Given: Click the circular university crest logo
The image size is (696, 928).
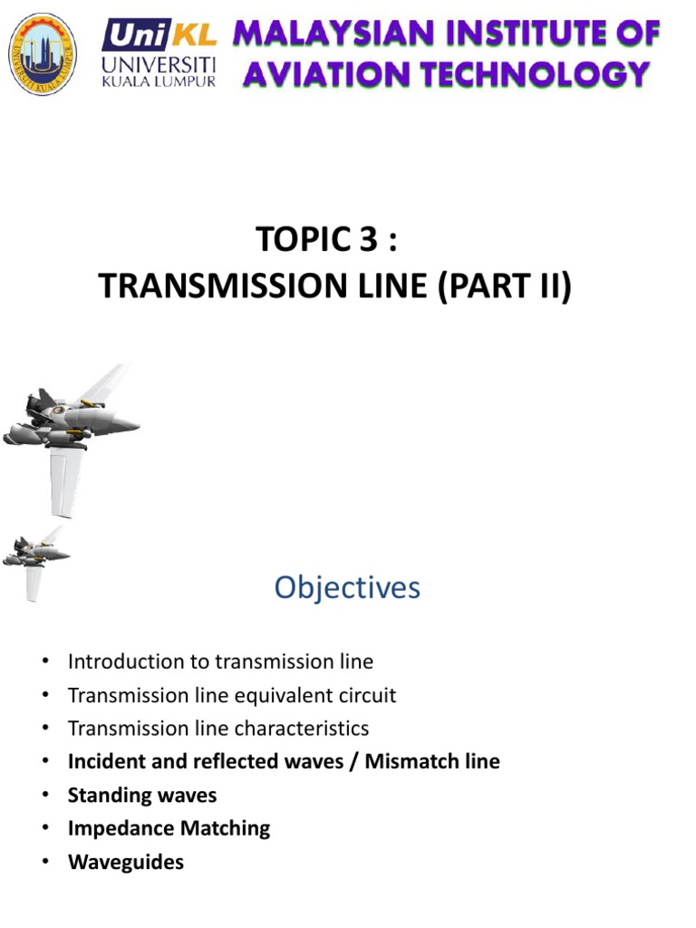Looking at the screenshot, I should click(42, 53).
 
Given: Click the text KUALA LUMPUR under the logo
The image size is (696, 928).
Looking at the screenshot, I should click(159, 82).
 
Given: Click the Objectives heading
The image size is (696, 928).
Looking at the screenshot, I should click(348, 588).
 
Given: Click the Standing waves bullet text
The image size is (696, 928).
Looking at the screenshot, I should click(142, 795).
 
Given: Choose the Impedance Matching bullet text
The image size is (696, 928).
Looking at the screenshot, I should click(169, 827).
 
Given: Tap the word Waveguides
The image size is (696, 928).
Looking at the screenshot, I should click(126, 861).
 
